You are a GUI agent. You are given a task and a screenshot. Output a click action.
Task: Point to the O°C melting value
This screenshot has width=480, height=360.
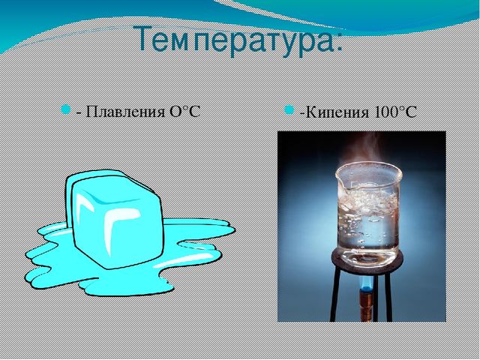(x=184, y=111)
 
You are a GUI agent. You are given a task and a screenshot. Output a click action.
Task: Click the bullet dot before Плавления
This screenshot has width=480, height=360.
(x=66, y=109)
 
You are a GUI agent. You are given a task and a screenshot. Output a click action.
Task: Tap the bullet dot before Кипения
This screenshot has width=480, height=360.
(x=289, y=110)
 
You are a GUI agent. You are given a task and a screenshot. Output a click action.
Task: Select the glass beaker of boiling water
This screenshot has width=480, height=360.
(x=368, y=215)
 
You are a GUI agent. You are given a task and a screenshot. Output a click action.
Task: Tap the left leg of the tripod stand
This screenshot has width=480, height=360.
(x=334, y=294)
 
